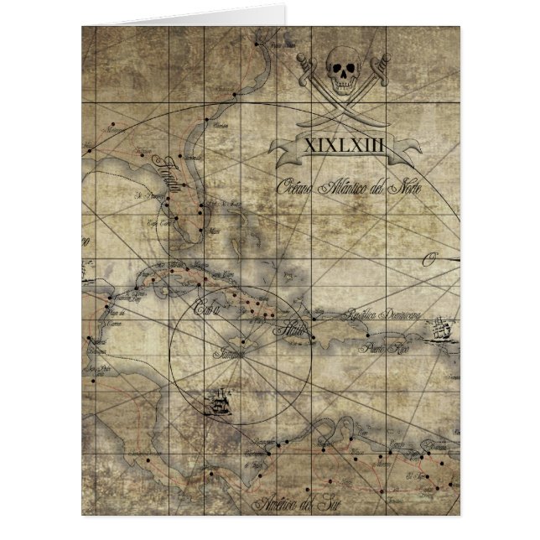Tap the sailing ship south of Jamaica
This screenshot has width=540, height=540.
(221, 404)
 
